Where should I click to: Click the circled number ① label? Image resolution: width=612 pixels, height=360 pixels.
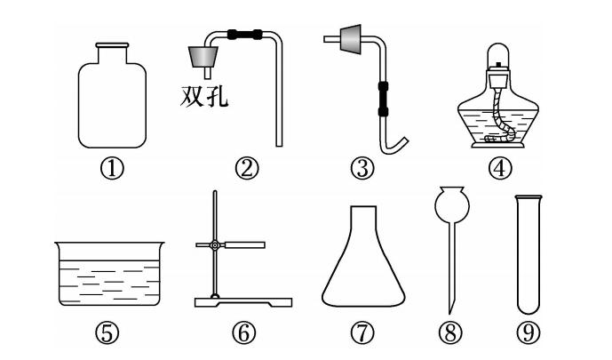pos(112,169)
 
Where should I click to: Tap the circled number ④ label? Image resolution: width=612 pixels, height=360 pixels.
pos(499,169)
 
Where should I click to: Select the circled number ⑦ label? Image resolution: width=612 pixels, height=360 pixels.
pos(362,333)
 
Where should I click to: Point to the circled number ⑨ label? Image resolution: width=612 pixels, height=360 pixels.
pos(529,333)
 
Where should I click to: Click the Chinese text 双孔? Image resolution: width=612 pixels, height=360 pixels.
pos(203,96)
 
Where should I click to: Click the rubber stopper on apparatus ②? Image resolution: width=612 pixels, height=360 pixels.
pos(203,57)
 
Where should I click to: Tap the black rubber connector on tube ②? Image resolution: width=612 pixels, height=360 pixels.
pos(245,35)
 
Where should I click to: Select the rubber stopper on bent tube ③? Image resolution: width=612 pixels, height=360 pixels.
pos(350,39)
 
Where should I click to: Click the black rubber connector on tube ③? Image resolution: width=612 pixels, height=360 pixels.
pos(384,99)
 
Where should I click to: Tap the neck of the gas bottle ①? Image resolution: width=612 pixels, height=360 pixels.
pos(112,54)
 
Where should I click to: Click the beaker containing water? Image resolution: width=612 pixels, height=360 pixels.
pos(109,274)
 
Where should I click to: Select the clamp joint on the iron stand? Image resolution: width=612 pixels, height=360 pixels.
pos(215,245)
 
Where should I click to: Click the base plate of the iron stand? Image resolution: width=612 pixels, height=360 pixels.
pos(243,302)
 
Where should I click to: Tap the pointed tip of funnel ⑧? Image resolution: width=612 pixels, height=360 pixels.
pos(449,313)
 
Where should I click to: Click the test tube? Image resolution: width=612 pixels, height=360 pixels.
pos(529,254)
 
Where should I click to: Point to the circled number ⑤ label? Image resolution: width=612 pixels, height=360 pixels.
pos(107,333)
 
